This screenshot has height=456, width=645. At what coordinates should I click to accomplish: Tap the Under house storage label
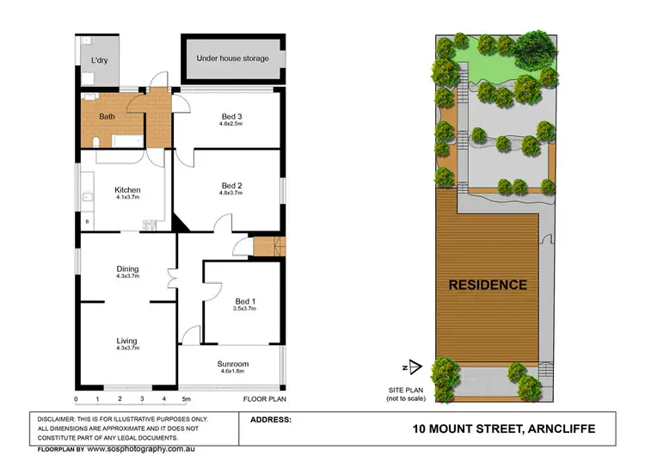click(x=232, y=59)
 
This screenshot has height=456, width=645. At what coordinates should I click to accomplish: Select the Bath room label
click(x=107, y=116)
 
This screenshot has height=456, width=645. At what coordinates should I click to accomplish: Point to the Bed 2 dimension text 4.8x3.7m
click(x=231, y=193)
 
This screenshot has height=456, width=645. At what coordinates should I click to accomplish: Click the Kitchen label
click(x=127, y=190)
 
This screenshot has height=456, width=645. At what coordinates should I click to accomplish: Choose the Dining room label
click(x=127, y=269)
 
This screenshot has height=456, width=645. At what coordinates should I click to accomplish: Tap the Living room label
click(x=127, y=342)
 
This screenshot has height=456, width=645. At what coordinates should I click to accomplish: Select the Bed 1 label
click(x=245, y=300)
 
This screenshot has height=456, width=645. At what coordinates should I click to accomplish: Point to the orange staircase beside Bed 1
click(x=267, y=246)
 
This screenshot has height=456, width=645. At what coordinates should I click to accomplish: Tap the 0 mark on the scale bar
click(x=77, y=399)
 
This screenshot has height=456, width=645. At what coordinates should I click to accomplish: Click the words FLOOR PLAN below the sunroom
click(x=262, y=399)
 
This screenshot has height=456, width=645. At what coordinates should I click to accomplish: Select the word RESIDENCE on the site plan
click(x=487, y=285)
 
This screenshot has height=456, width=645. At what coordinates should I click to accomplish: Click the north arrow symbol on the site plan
click(x=415, y=367)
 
